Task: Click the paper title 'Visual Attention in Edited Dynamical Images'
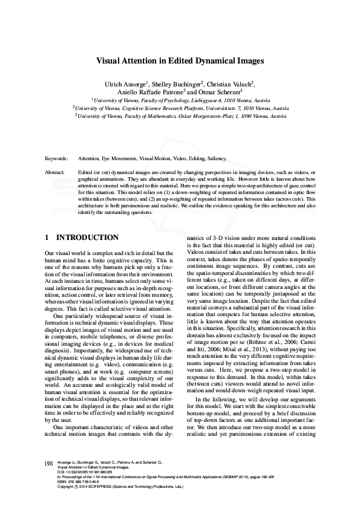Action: click(180, 61)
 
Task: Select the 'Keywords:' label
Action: click(56, 158)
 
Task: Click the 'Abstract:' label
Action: click(55, 172)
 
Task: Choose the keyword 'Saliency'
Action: click(216, 158)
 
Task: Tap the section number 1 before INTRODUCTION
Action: click(47, 238)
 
